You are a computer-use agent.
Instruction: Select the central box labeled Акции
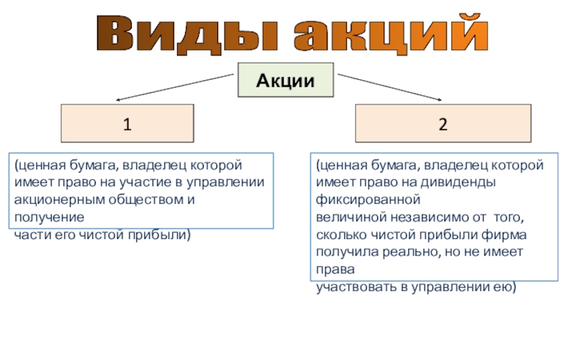point(286,80)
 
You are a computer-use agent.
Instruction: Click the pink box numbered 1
point(127,123)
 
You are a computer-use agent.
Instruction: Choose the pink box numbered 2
point(444,123)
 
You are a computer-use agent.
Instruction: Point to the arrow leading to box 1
point(176,86)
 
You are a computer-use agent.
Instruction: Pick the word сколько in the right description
point(338,234)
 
